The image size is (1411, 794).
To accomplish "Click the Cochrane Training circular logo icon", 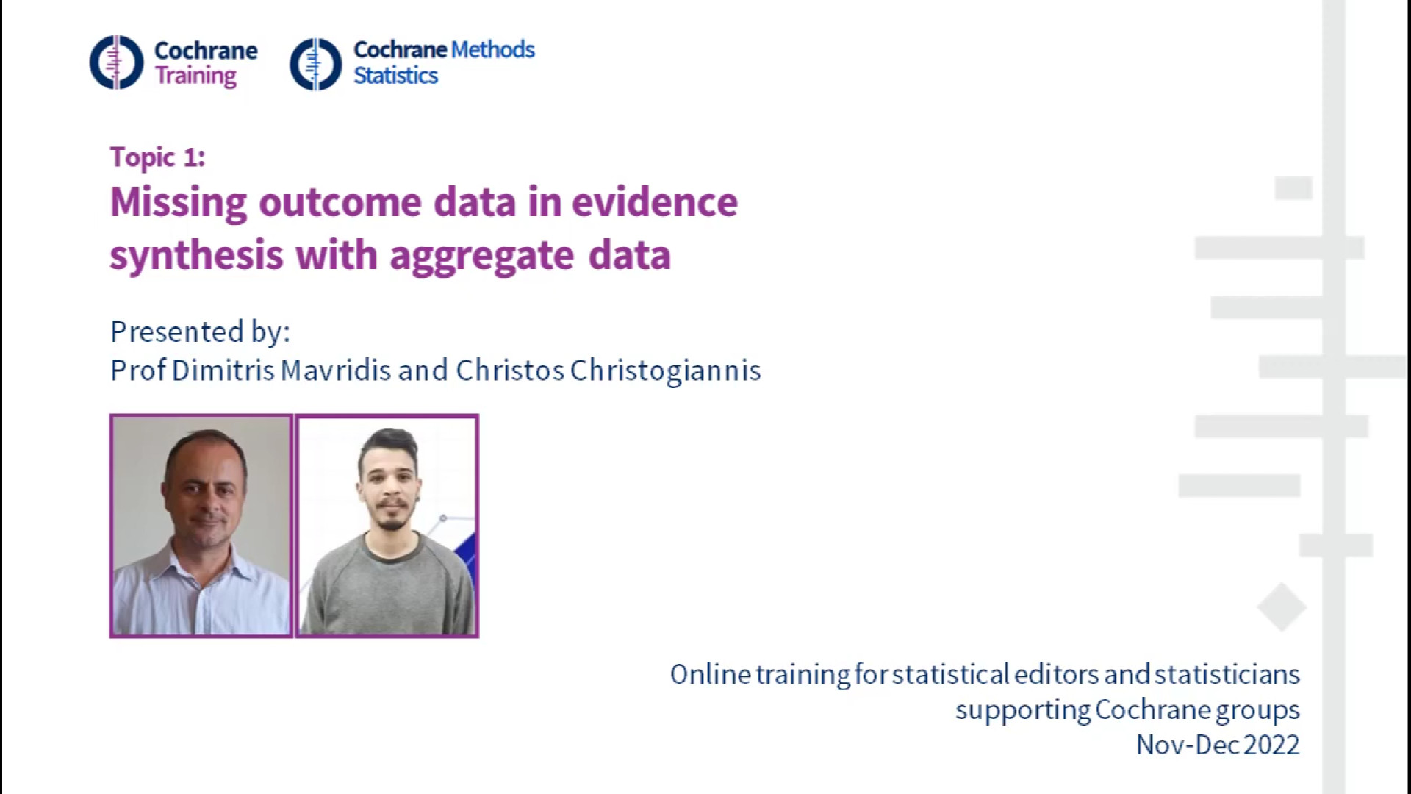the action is coord(116,62).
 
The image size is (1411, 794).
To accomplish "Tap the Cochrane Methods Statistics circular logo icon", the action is coord(316,64).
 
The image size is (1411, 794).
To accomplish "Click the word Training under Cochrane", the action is coord(195,76).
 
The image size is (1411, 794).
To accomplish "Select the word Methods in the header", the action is coord(492,49).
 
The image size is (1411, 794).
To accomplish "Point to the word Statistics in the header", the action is coord(395,75).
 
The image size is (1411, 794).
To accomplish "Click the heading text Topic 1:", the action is coord(158,157).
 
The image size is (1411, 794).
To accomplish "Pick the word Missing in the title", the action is coord(179,203).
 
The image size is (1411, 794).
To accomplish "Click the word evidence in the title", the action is coord(655,202).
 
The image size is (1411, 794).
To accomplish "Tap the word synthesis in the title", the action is coord(197,256).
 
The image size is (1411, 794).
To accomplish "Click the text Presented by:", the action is coord(200,332).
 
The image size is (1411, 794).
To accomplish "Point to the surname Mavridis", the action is coord(336,370).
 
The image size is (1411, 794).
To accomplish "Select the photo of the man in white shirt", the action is coord(201,526).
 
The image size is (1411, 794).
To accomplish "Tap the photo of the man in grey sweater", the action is coord(387,526).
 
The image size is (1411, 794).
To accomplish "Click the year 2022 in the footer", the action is coord(1271,745).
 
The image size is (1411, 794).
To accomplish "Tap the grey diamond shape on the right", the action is coord(1281,607).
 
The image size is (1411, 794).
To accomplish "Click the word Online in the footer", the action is coord(710,674).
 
